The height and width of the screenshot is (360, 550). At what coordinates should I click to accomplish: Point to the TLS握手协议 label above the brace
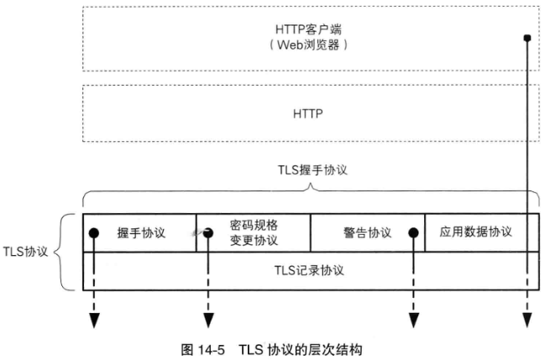[x=312, y=169]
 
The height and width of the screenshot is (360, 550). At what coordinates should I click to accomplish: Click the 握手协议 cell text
[x=141, y=232]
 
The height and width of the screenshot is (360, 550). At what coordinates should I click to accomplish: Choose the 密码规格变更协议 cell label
[x=254, y=232]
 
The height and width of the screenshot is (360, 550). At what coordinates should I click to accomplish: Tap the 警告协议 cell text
[x=367, y=232]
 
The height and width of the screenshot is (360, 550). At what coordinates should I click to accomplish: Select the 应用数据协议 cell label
[x=475, y=232]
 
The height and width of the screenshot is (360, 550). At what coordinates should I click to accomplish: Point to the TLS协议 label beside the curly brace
[x=26, y=251]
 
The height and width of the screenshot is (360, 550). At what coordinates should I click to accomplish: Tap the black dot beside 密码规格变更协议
[x=207, y=232]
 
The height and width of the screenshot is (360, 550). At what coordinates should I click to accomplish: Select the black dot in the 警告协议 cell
[x=413, y=232]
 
